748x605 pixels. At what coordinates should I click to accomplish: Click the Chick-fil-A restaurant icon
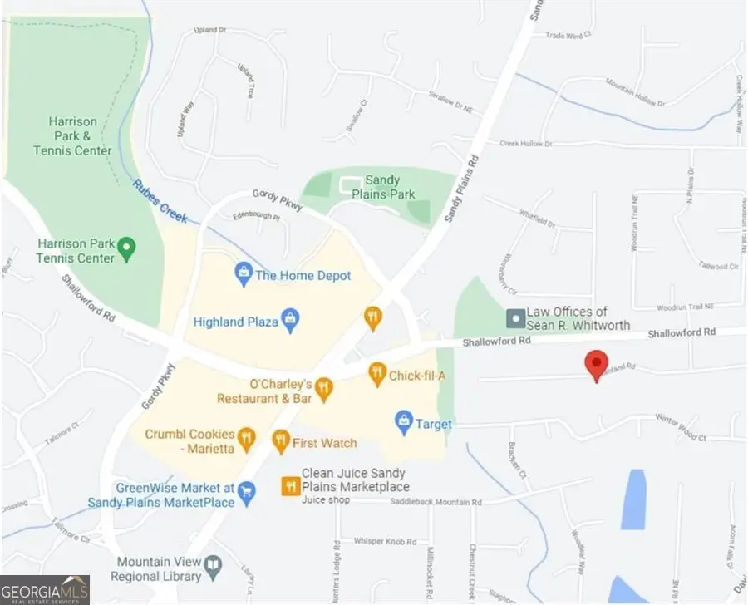(377, 374)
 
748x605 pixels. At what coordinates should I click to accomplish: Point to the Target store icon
(404, 421)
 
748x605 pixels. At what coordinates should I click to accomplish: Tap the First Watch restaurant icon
(280, 440)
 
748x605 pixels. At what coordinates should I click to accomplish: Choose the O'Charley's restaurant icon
(324, 388)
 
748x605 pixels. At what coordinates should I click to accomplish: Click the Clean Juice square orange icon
(289, 485)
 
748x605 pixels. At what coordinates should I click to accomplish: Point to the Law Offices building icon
(515, 317)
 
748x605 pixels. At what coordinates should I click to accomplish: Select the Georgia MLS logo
(45, 588)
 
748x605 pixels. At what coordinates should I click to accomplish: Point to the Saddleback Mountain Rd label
(436, 501)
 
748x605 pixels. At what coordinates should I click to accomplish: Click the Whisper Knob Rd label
(377, 542)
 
